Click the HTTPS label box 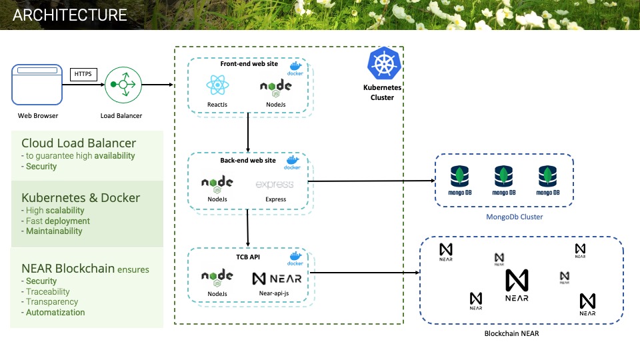pyautogui.click(x=83, y=74)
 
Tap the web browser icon pyautogui.click(x=37, y=84)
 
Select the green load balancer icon pyautogui.click(x=123, y=85)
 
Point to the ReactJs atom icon pyautogui.click(x=217, y=85)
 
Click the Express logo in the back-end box pyautogui.click(x=275, y=184)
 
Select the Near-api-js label pyautogui.click(x=276, y=293)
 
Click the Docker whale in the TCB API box pyautogui.click(x=294, y=257)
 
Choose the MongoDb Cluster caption pyautogui.click(x=504, y=217)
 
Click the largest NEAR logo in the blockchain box pyautogui.click(x=517, y=285)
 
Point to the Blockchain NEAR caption pyautogui.click(x=511, y=333)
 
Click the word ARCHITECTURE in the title pyautogui.click(x=70, y=15)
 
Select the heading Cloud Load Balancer pyautogui.click(x=79, y=143)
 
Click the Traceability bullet pyautogui.click(x=48, y=292)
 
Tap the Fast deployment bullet pyautogui.click(x=57, y=221)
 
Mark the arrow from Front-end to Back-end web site pyautogui.click(x=248, y=133)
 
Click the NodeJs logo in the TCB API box pyautogui.click(x=217, y=278)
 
